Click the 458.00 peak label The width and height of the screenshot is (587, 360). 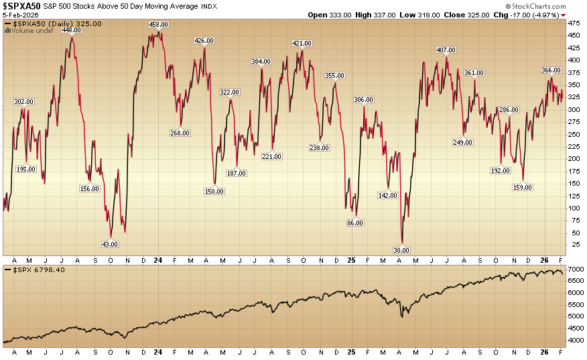click(158, 25)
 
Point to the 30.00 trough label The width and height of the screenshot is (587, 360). click(402, 250)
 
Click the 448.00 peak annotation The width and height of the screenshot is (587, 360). click(72, 29)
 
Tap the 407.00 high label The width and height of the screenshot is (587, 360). click(446, 50)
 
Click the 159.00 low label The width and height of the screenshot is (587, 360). click(523, 187)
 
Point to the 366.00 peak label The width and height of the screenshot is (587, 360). click(551, 70)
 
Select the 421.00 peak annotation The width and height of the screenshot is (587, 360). click(302, 44)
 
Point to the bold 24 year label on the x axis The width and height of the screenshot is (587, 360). click(157, 259)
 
